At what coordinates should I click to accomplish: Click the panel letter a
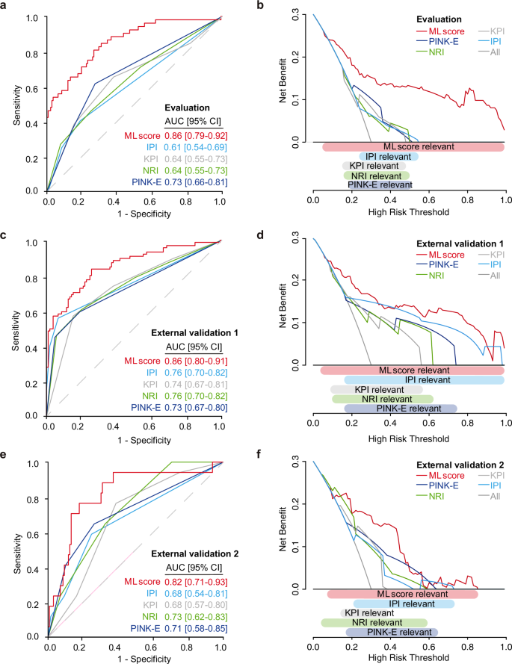pos(4,6)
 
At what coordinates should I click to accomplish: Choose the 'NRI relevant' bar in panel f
pos(374,622)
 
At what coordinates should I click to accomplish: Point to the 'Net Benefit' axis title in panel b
pos(284,77)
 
